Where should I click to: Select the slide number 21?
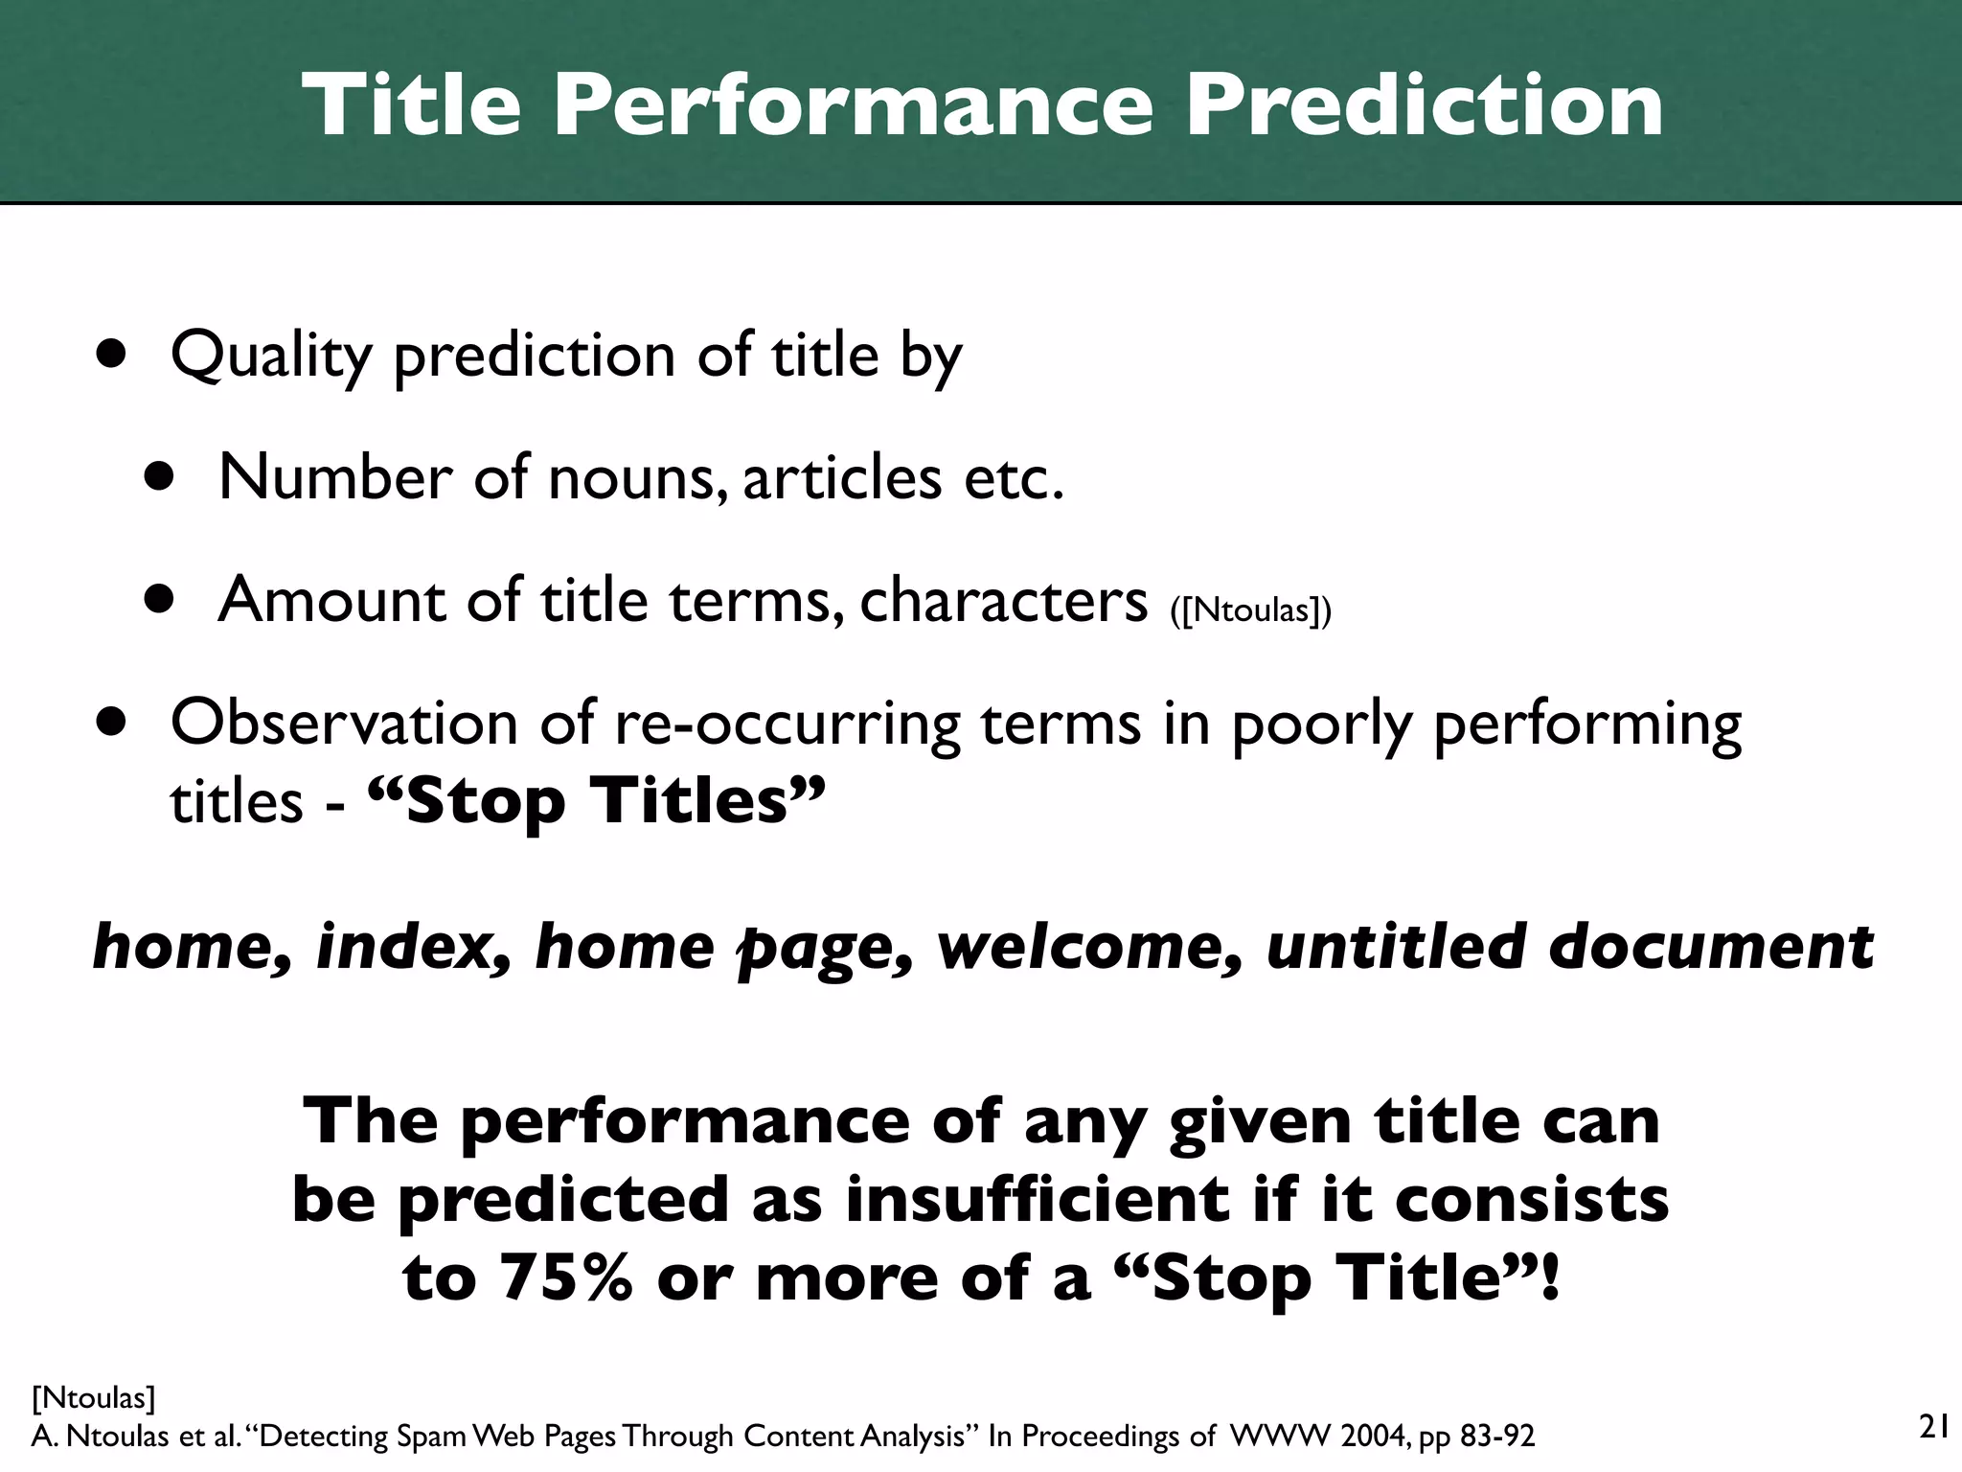[x=1934, y=1427]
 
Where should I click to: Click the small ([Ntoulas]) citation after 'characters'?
[x=1250, y=609]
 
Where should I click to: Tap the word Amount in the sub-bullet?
[x=331, y=600]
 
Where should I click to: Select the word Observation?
[x=344, y=723]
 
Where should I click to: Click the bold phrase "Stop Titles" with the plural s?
[x=595, y=801]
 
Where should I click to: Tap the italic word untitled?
[x=1395, y=947]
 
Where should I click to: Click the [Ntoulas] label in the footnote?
[x=93, y=1398]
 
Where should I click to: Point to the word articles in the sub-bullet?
[x=842, y=478]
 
